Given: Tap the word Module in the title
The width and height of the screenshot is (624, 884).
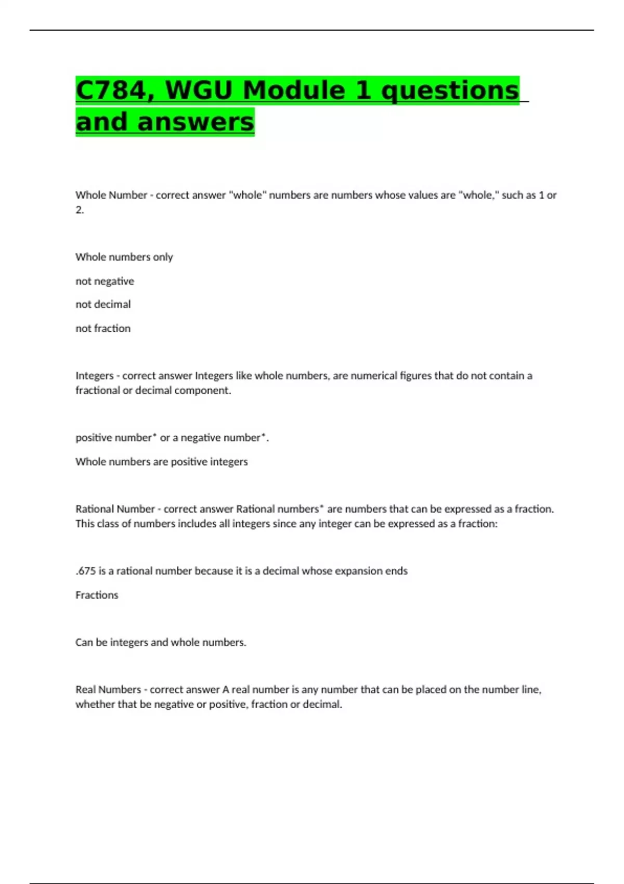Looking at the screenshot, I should pyautogui.click(x=294, y=90).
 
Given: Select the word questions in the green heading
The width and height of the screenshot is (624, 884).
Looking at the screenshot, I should pyautogui.click(x=450, y=90).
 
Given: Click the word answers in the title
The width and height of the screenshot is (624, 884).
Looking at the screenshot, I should pyautogui.click(x=196, y=122).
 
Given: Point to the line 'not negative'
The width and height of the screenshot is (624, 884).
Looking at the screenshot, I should pyautogui.click(x=105, y=281).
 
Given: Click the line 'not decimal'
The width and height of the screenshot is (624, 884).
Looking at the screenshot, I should pyautogui.click(x=103, y=304).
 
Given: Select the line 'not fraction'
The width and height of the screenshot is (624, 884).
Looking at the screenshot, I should pyautogui.click(x=103, y=328).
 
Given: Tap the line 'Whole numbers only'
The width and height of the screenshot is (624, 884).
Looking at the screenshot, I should pyautogui.click(x=124, y=257).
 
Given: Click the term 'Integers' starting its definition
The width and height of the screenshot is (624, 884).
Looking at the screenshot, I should pyautogui.click(x=94, y=375).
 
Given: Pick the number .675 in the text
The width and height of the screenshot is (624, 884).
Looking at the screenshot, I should pyautogui.click(x=86, y=571).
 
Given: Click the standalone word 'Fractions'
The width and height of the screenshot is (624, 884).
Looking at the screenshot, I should pyautogui.click(x=97, y=595).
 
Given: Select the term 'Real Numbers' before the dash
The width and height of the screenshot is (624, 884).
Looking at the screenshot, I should pyautogui.click(x=108, y=690).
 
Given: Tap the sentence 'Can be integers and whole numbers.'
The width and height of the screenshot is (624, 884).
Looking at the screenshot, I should pyautogui.click(x=161, y=642).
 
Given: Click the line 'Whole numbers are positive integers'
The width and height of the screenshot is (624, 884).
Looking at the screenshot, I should pyautogui.click(x=161, y=462).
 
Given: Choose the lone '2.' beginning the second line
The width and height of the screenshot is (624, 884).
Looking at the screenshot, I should pyautogui.click(x=80, y=210).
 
